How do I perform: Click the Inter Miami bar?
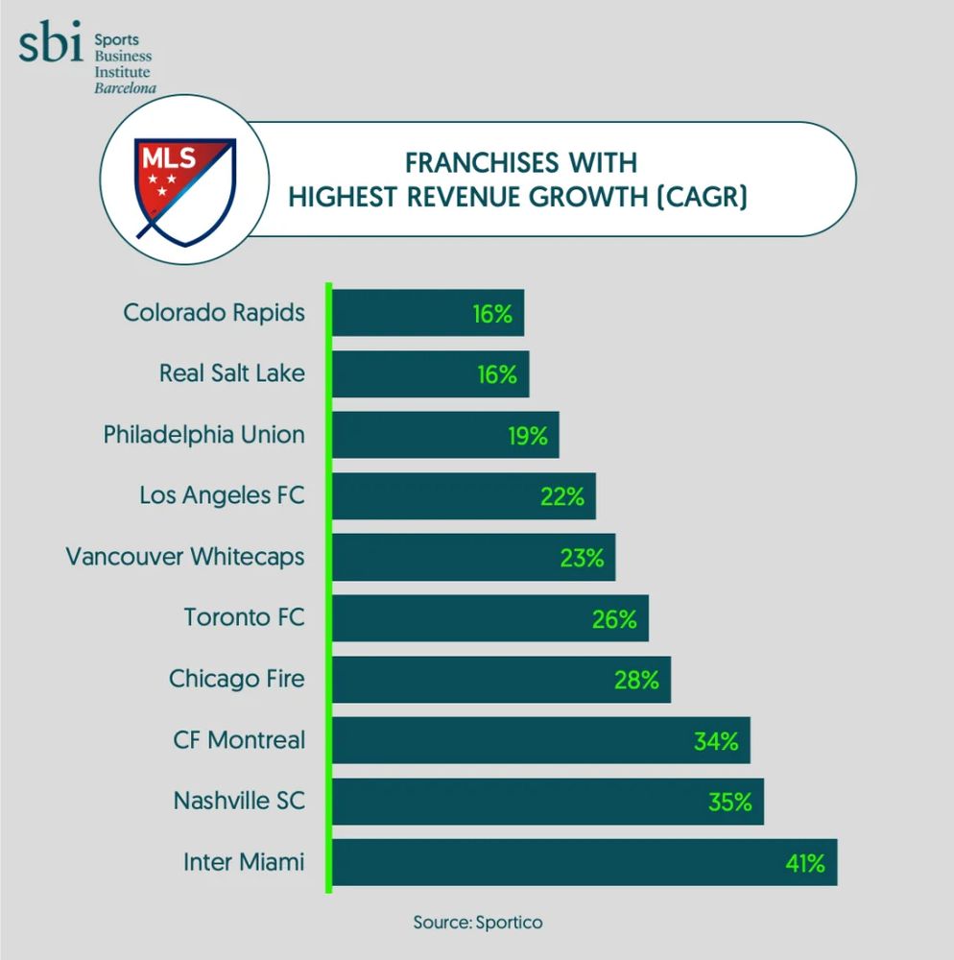[x=584, y=862]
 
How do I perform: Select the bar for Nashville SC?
[x=547, y=802]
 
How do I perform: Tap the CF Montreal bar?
[x=540, y=740]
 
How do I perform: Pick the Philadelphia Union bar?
[x=445, y=435]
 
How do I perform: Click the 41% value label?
[x=804, y=863]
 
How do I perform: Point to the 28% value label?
[x=636, y=680]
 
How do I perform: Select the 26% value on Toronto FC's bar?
[x=614, y=619]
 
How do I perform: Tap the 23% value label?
[x=582, y=558]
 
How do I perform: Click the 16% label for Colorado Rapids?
[x=492, y=314]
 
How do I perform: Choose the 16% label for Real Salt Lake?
[x=497, y=374]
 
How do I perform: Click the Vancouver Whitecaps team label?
[x=185, y=557]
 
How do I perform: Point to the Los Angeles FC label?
[x=222, y=496]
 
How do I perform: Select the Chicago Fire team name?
[x=237, y=679]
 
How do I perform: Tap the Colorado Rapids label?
[x=215, y=313]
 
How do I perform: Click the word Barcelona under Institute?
[x=125, y=87]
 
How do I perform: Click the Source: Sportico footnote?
[x=477, y=923]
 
